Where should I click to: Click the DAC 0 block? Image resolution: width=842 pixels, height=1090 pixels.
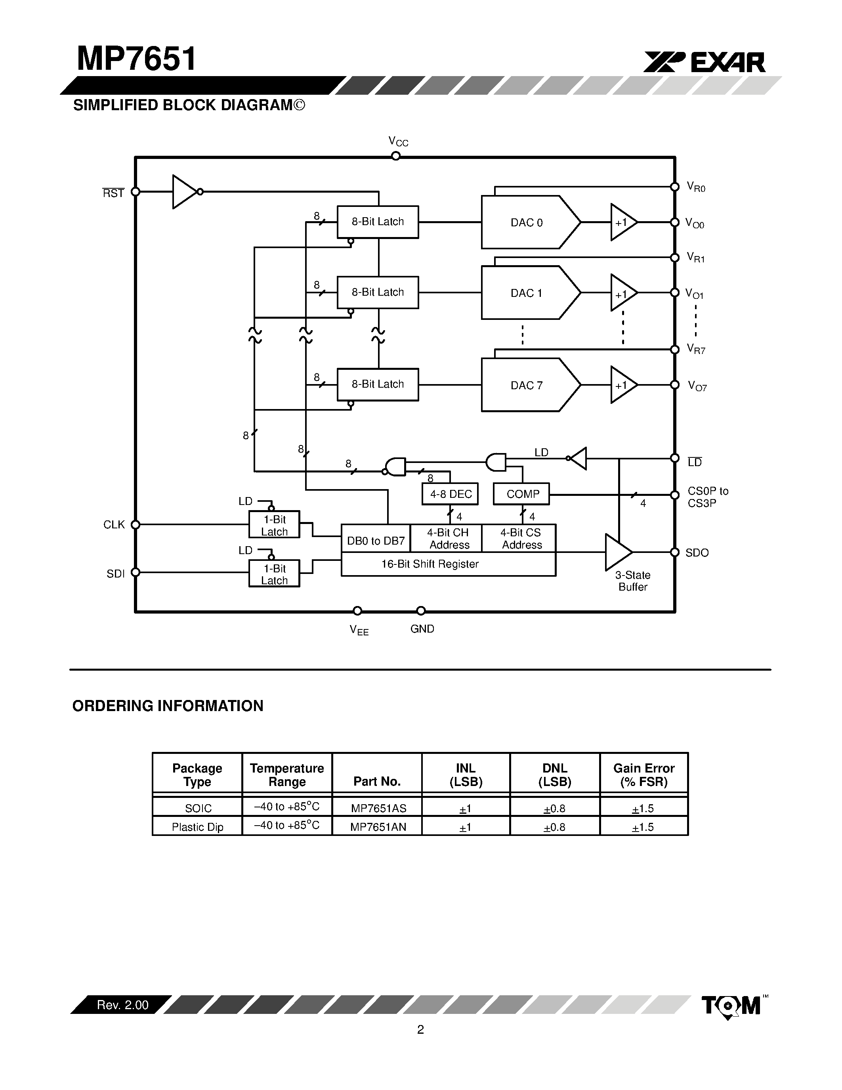[526, 223]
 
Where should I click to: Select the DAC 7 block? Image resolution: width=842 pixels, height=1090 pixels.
[526, 385]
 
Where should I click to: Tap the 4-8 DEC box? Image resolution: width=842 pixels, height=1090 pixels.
[450, 494]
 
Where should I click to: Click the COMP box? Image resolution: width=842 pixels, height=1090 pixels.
[522, 494]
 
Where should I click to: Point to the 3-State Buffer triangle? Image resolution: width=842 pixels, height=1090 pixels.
[617, 552]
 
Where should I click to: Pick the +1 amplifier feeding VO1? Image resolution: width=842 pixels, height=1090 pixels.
[622, 293]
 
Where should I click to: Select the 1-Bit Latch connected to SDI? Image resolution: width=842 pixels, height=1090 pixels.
[274, 574]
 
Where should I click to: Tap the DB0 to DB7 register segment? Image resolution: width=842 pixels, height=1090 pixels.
[376, 541]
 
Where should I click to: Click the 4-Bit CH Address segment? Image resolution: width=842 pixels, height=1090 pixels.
[448, 539]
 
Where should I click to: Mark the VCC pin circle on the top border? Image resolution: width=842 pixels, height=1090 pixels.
[395, 156]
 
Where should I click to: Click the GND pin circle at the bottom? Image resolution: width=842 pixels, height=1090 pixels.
[420, 611]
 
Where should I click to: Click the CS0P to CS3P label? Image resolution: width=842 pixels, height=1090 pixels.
[707, 497]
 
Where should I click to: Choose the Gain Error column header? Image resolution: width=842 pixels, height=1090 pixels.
[643, 774]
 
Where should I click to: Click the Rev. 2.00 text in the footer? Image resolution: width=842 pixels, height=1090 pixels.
[123, 1005]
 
